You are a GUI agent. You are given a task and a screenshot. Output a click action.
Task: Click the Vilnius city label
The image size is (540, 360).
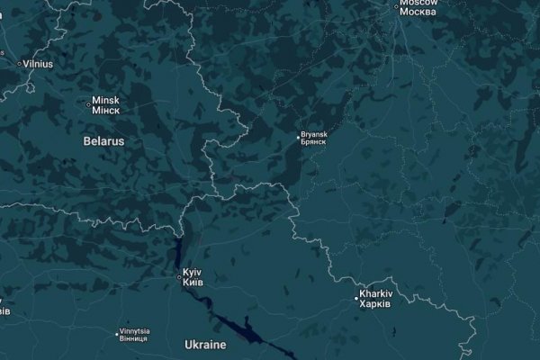coord(38,64)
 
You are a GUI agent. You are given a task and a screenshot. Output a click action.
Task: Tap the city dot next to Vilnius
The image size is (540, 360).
coord(20,64)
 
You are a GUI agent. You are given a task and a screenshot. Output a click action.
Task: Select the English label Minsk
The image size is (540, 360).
coord(104,101)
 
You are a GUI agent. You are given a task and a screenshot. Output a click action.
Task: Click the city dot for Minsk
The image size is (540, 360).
coord(87,104)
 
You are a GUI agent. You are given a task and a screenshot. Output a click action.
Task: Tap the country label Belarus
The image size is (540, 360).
coord(103,141)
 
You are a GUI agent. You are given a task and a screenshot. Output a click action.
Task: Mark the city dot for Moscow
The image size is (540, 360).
coord(397,7)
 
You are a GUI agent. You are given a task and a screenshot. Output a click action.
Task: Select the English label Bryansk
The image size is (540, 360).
coord(316,133)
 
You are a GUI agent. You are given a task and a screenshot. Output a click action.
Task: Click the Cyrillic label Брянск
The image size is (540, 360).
coord(316,141)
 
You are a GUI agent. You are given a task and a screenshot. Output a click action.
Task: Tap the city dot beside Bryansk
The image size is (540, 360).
coord(301,138)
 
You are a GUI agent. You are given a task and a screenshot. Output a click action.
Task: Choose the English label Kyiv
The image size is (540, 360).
coord(192,272)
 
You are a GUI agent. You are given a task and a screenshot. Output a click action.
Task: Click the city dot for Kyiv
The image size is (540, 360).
coord(178,277)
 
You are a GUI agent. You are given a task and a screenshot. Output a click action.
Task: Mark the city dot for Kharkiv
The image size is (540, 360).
coord(355,299)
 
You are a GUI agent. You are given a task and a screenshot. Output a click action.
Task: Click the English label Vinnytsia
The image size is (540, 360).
coord(133,330)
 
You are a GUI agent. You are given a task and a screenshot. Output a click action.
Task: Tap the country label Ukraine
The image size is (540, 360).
coord(205,345)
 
